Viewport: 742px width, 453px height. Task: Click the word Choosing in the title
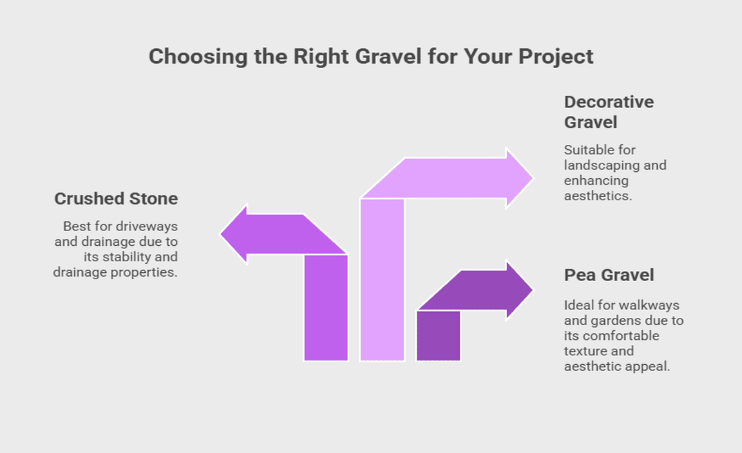tap(198, 57)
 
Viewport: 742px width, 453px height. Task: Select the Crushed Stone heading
tap(116, 199)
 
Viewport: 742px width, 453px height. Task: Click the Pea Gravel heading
tap(609, 275)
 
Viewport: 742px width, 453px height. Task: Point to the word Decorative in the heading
tap(609, 102)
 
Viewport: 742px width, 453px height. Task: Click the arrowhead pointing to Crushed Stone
tap(234, 234)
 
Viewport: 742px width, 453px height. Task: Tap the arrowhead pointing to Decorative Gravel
tap(520, 178)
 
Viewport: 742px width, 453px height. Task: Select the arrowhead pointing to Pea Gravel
tap(520, 290)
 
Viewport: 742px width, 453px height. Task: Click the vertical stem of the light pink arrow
tap(383, 279)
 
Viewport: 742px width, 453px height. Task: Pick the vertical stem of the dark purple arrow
tap(438, 336)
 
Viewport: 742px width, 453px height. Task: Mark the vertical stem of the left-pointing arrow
tap(326, 308)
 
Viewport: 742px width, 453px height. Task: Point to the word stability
tap(125, 257)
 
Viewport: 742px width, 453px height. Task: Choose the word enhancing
tap(596, 181)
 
